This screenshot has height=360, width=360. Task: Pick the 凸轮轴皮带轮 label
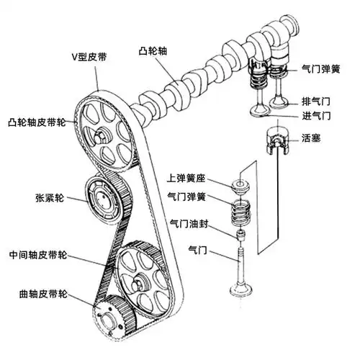(x=37, y=122)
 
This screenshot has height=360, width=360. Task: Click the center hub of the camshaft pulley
(x=104, y=132)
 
